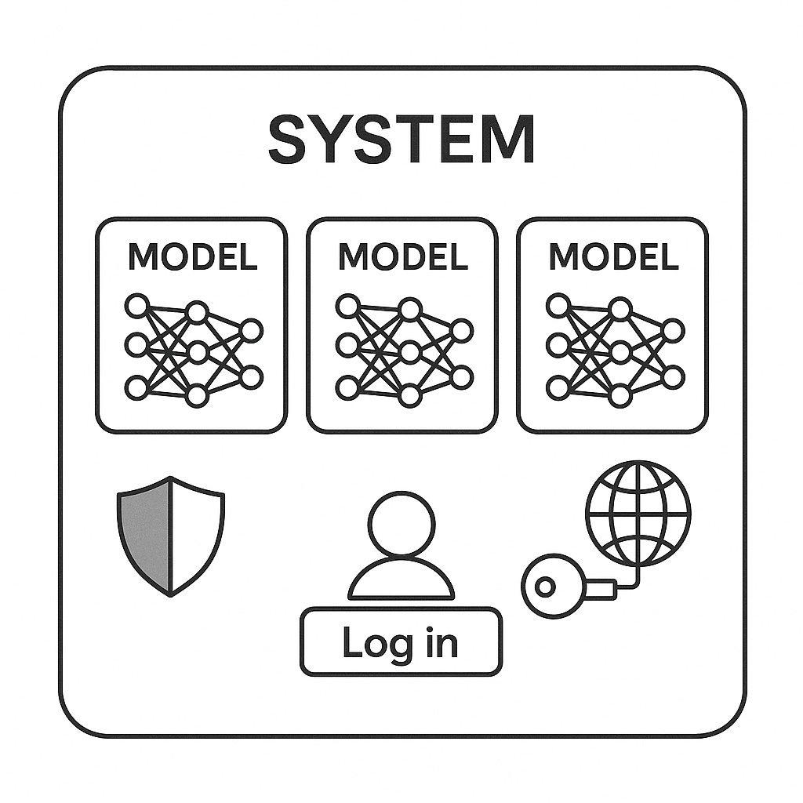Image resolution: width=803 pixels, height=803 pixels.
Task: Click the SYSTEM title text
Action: [401, 139]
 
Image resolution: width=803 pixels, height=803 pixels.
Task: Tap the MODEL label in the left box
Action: [192, 257]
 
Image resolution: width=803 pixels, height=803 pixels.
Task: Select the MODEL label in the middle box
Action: [402, 257]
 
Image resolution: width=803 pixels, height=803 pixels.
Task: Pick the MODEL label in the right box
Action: [613, 257]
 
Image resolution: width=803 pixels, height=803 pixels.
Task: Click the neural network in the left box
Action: [192, 350]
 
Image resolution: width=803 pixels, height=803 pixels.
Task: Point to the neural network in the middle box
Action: [403, 350]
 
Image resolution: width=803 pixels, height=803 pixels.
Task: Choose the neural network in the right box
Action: [614, 350]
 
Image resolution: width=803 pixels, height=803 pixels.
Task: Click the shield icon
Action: [171, 536]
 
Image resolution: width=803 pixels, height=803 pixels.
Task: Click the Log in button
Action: [401, 641]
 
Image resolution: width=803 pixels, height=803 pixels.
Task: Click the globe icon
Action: [638, 513]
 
